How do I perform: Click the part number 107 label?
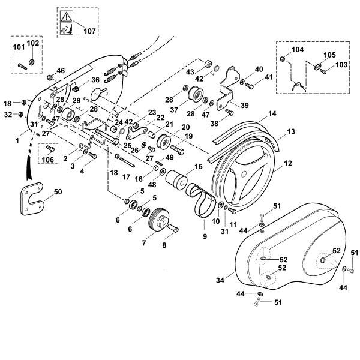click(x=89, y=31)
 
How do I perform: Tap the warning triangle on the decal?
click(x=67, y=17)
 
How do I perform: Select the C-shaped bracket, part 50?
click(x=32, y=199)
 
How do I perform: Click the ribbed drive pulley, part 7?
click(x=159, y=220)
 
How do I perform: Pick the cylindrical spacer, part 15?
click(x=175, y=180)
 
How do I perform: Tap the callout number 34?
click(x=220, y=280)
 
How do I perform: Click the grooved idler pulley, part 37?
click(x=196, y=95)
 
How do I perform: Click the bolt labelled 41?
click(x=250, y=86)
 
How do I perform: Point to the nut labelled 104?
click(x=282, y=59)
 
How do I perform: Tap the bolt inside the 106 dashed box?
click(x=50, y=149)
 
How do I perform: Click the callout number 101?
click(x=19, y=47)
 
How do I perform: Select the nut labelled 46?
click(x=50, y=77)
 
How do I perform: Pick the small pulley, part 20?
click(x=164, y=142)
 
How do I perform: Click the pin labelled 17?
click(x=127, y=161)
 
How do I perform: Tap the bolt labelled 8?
click(x=173, y=228)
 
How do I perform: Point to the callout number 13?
click(x=290, y=132)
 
